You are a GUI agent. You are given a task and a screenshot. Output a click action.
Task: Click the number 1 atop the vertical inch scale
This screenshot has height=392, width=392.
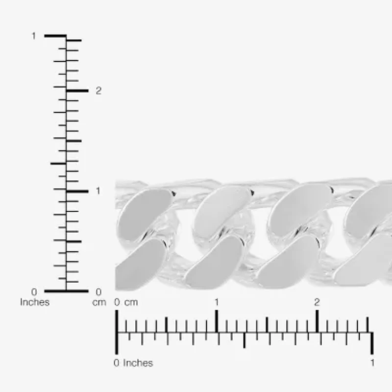click(34, 36)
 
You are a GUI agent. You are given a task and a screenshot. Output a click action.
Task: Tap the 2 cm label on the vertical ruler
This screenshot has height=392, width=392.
click(98, 91)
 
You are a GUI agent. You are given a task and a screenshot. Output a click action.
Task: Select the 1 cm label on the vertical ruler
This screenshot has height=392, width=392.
click(98, 191)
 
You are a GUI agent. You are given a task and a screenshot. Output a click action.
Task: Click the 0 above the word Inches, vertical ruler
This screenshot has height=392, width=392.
click(34, 292)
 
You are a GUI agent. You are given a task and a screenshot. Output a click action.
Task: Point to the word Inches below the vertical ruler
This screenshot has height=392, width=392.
click(35, 302)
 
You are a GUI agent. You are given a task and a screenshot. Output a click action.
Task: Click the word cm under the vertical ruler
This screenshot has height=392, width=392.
click(99, 302)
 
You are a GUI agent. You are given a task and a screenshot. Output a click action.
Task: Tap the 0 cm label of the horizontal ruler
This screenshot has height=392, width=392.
click(126, 302)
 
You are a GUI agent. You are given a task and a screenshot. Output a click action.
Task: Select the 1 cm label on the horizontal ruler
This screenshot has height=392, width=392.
click(217, 302)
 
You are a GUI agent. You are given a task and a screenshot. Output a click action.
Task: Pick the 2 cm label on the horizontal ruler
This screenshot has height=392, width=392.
click(317, 302)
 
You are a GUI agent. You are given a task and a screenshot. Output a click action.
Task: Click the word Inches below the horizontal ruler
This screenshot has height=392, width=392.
click(138, 363)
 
